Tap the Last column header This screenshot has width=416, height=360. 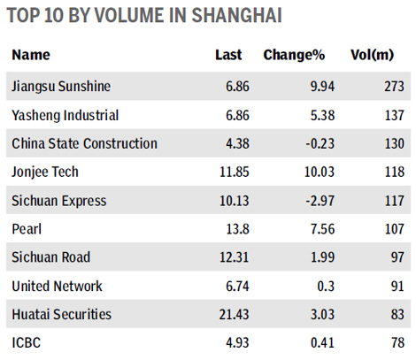[x=228, y=56]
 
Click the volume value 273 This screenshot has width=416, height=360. [x=393, y=86]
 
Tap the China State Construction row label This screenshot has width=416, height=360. [x=85, y=142]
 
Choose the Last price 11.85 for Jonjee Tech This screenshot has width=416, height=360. [x=225, y=171]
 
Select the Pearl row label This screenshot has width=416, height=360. [x=27, y=227]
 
